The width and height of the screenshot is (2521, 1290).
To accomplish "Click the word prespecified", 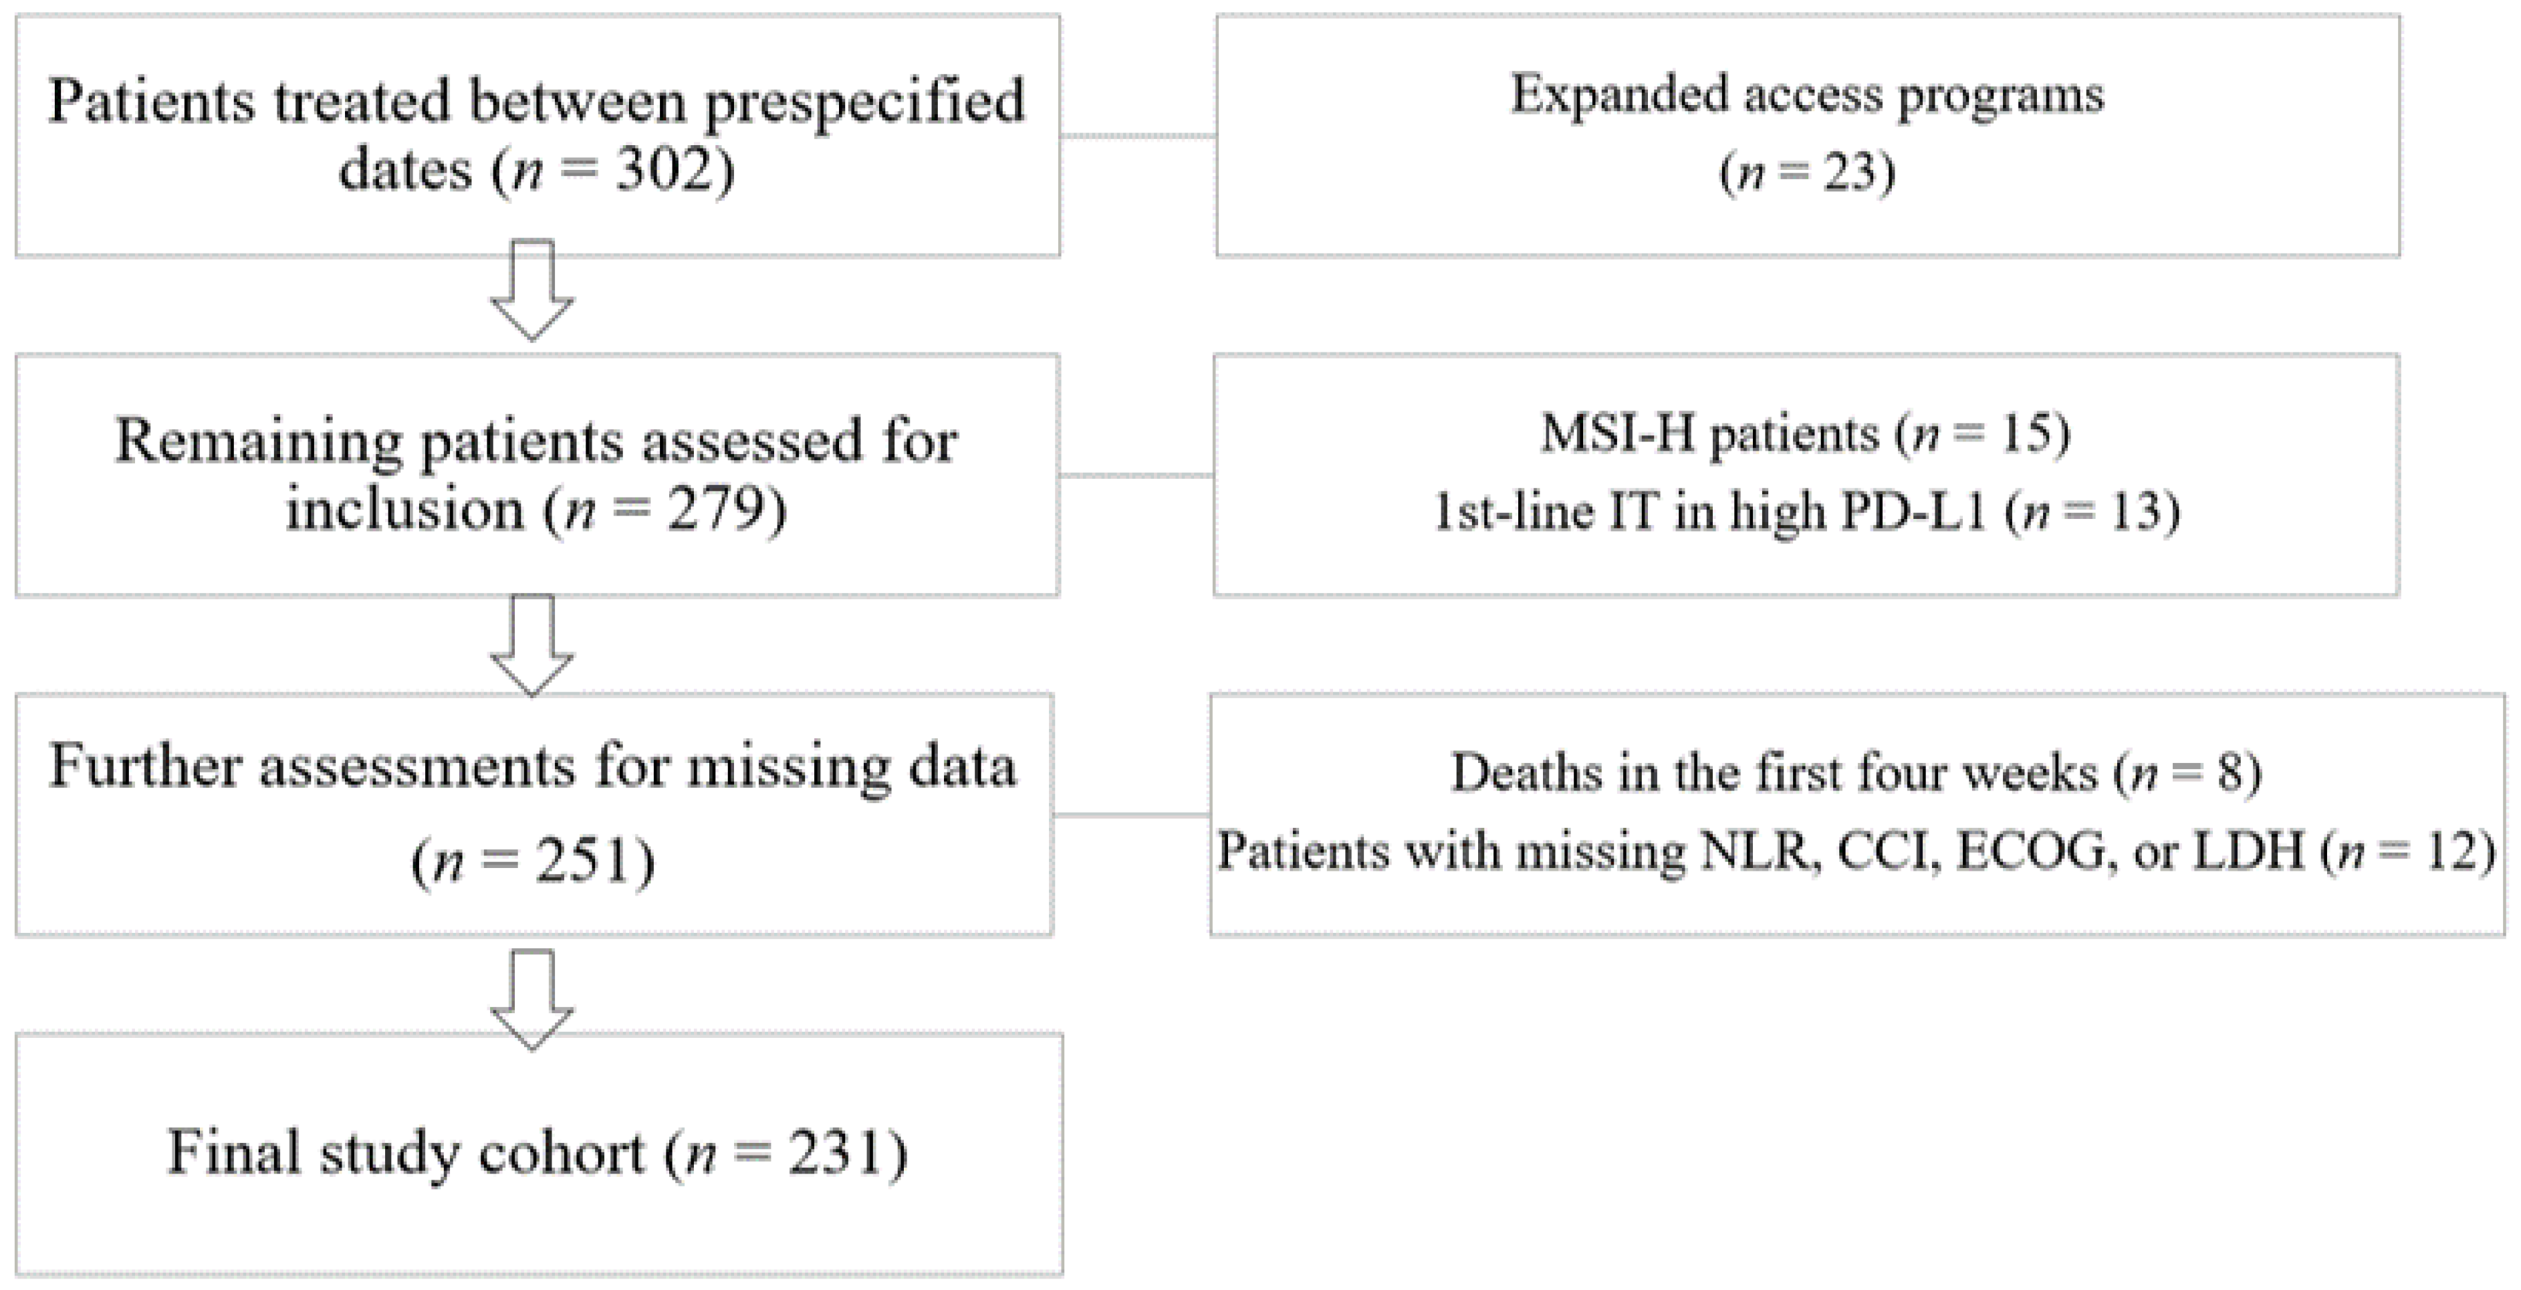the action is [x=864, y=102].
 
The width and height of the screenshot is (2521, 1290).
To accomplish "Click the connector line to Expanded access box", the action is [x=1138, y=135].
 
